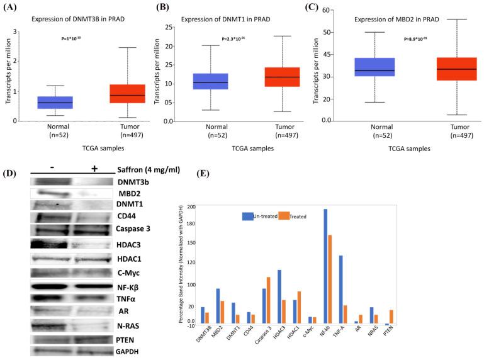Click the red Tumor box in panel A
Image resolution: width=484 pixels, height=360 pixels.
127,93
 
